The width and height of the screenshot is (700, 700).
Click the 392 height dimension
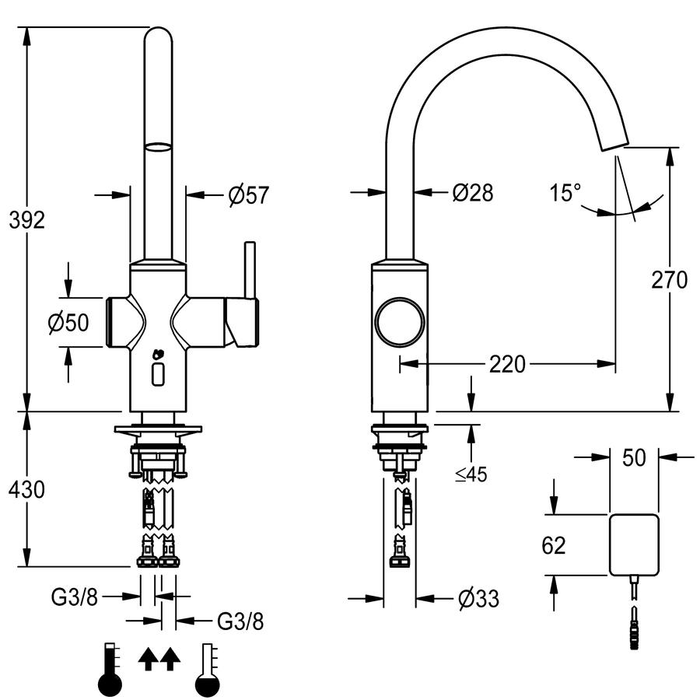tap(27, 220)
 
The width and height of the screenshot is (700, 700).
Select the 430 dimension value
tap(26, 489)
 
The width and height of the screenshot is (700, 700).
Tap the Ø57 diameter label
tap(249, 195)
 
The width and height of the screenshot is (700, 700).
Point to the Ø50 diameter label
tap(68, 322)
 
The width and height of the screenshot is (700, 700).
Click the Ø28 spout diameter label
tap(473, 193)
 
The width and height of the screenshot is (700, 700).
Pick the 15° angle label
tap(565, 193)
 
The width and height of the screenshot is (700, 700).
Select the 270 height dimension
tap(669, 280)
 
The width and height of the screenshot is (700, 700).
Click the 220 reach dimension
tap(507, 364)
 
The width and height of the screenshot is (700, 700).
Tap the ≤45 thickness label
tap(471, 474)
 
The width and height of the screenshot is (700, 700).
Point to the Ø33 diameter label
tap(478, 598)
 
